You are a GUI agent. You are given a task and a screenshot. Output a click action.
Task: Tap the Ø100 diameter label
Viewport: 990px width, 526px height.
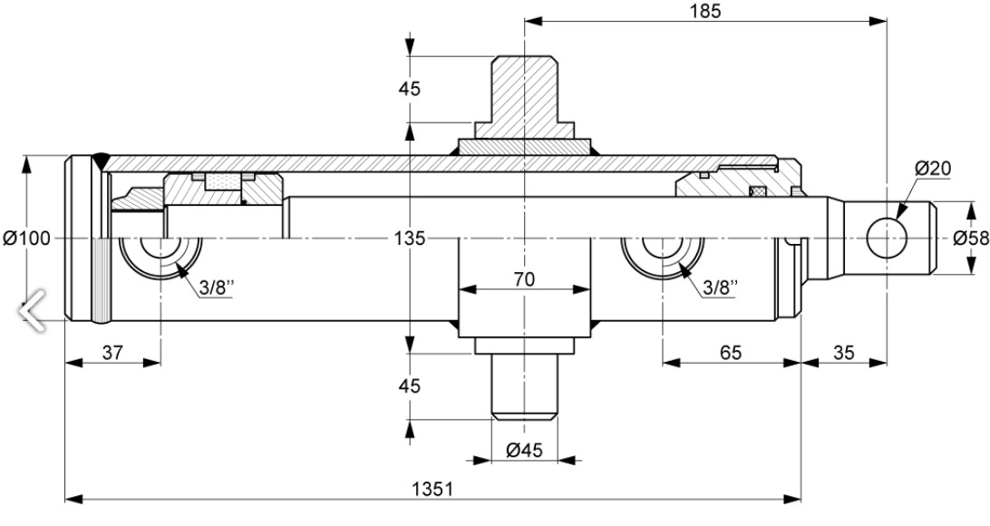click(x=26, y=239)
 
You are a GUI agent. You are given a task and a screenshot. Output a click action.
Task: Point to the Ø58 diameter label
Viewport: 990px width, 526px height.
click(x=970, y=239)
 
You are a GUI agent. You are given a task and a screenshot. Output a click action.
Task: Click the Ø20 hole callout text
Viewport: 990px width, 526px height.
click(x=932, y=168)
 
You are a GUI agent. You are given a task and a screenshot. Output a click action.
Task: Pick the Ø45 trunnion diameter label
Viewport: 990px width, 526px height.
click(x=524, y=449)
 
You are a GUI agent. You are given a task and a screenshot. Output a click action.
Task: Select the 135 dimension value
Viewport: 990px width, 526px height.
click(x=410, y=239)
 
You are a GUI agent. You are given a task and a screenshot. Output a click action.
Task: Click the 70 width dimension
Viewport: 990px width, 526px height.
click(x=523, y=279)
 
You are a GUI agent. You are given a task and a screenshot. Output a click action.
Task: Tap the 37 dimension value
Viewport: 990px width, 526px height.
click(x=112, y=352)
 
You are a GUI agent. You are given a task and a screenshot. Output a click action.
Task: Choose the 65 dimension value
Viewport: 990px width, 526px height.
click(x=730, y=352)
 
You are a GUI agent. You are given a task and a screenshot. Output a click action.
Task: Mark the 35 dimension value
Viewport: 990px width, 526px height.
click(x=843, y=352)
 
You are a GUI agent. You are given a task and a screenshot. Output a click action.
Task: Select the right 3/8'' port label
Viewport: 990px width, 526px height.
click(x=721, y=287)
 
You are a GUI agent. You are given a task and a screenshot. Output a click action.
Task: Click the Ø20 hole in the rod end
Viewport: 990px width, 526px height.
click(x=886, y=238)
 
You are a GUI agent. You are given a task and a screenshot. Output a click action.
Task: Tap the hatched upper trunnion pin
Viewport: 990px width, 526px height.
click(x=524, y=91)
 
